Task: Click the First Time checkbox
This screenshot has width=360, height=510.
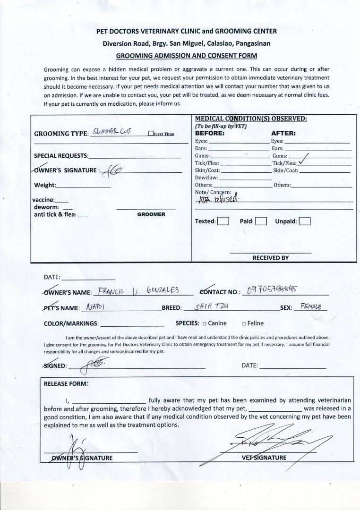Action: (x=151, y=134)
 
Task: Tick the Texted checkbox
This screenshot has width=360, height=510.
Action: (x=223, y=221)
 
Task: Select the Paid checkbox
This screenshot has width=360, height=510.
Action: (x=261, y=221)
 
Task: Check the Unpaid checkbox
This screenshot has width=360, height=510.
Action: (x=305, y=221)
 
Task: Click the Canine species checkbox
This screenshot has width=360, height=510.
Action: (x=204, y=323)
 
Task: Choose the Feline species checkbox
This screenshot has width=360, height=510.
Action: (x=243, y=323)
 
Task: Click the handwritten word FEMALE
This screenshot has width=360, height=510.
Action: (x=311, y=306)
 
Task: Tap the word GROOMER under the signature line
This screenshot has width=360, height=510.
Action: (x=151, y=214)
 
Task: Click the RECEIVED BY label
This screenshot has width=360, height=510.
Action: (x=270, y=258)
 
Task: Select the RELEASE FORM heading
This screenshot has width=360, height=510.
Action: (x=66, y=383)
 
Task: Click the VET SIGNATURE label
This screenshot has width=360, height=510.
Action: (x=264, y=458)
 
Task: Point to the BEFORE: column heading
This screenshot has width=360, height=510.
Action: (x=210, y=133)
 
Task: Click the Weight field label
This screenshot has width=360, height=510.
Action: (x=45, y=185)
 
